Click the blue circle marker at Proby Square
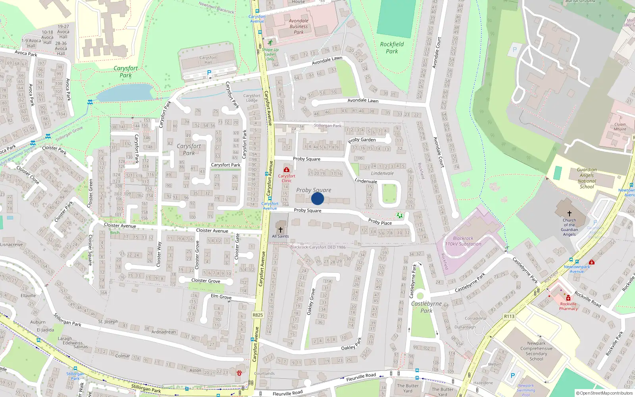[x=317, y=198]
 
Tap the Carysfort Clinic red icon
[x=287, y=170]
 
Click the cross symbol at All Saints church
[x=281, y=229]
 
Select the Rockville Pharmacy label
[x=568, y=306]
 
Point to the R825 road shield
[x=258, y=315]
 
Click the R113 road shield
[x=509, y=316]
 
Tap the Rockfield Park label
[x=392, y=48]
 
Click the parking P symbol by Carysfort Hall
[x=209, y=73]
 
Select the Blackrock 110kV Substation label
[x=463, y=241]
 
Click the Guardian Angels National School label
[x=587, y=178]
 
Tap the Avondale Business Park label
[x=298, y=26]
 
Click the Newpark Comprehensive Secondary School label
[x=536, y=351]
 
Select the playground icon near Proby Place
[x=400, y=215]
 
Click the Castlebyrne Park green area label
[x=426, y=307]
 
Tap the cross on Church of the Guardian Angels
[x=569, y=214]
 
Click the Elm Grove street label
[x=221, y=297]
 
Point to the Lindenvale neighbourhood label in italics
[x=382, y=173]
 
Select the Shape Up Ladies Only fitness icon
[x=270, y=42]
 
